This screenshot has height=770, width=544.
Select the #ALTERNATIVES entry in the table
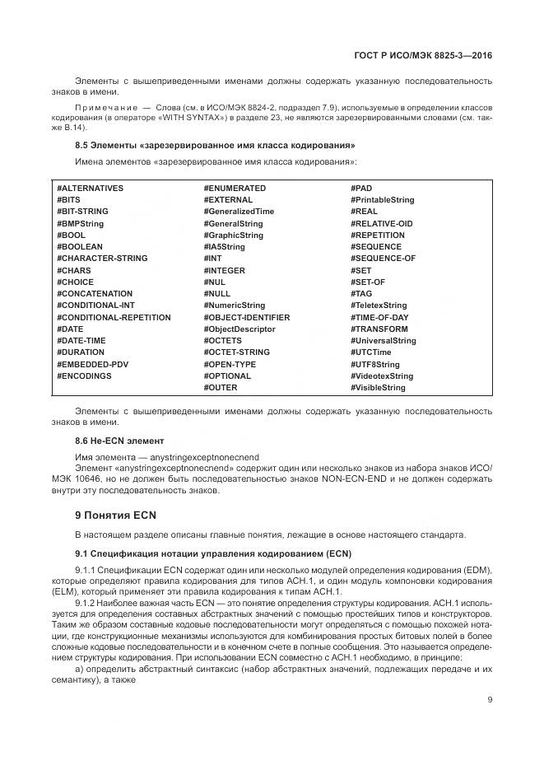click(90, 189)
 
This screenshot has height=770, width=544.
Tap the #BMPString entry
click(80, 224)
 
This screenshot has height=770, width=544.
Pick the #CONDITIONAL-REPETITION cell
click(114, 318)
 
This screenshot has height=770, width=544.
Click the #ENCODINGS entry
click(84, 376)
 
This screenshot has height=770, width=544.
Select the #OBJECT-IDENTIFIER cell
click(246, 318)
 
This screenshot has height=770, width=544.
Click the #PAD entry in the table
click(361, 189)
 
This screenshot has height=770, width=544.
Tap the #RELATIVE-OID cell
click(381, 224)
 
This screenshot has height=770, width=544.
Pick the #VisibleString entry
click(378, 388)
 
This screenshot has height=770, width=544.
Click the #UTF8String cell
click(375, 365)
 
